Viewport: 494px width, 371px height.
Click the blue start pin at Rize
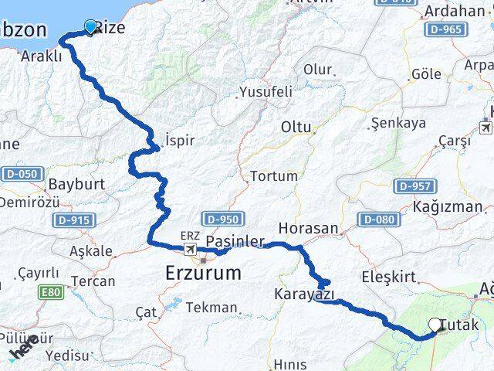pos(91,27)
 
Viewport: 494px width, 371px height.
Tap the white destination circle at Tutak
pos(436,326)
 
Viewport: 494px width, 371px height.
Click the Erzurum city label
pos(203,273)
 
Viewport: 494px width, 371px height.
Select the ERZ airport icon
pos(190,249)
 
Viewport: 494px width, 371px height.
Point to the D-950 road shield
pos(223,220)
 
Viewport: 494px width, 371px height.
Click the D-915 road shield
pos(74,220)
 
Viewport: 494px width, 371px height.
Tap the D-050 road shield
pos(22,174)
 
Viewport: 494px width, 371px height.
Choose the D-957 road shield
pos(415,186)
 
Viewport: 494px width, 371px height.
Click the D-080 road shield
pos(377,220)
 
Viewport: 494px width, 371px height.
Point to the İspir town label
pos(179,141)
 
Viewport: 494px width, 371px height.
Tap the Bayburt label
pos(76,185)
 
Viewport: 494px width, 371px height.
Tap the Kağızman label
pos(448,207)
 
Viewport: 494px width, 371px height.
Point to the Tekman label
pos(211,308)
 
